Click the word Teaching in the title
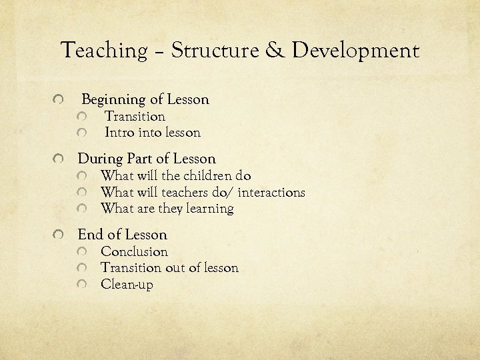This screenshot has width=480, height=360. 103,51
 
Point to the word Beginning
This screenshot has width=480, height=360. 113,100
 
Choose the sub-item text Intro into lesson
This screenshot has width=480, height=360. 153,133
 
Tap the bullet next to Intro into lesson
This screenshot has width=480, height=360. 83,133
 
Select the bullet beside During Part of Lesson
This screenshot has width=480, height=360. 60,160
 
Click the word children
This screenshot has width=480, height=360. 207,176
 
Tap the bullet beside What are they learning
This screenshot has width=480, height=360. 81,209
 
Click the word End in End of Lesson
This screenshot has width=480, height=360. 90,235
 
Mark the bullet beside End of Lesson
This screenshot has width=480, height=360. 60,235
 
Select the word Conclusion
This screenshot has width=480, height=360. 134,252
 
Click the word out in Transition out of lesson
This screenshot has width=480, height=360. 172,268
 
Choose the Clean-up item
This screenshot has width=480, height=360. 127,285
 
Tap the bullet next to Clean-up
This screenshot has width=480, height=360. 81,285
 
